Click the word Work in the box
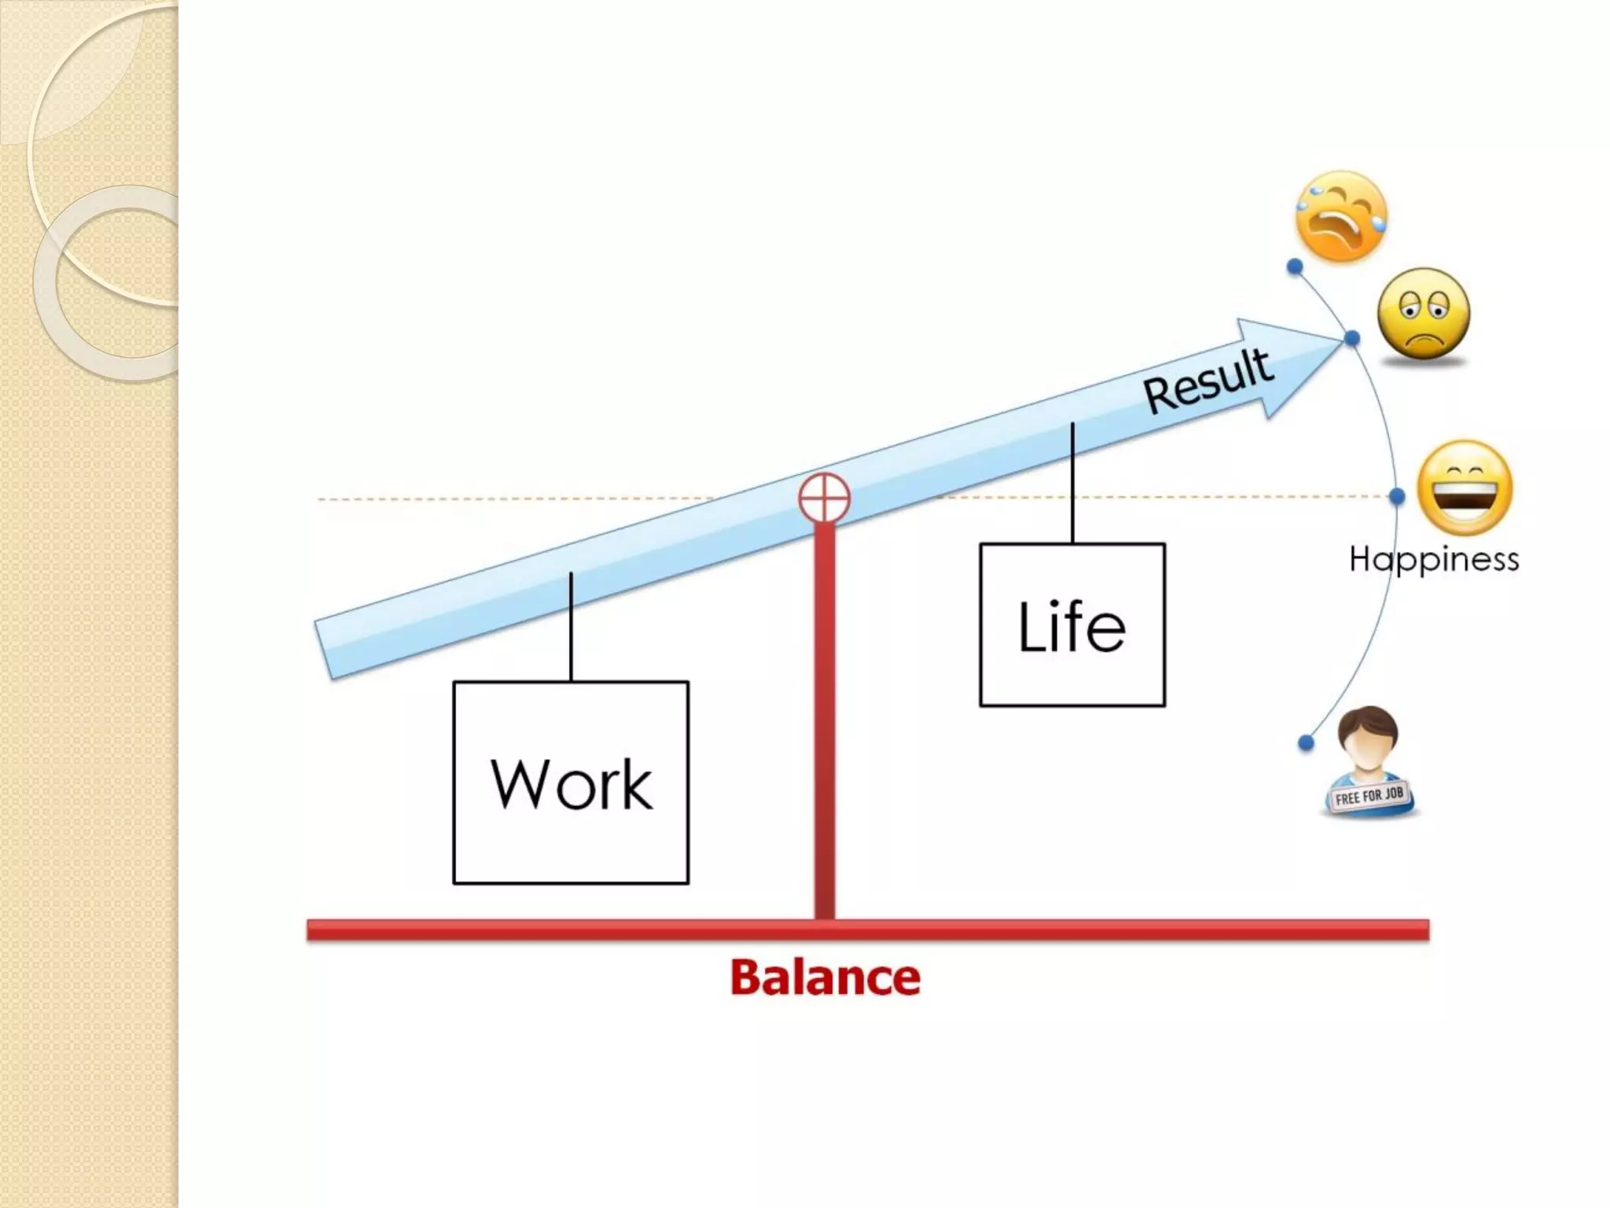coord(572,784)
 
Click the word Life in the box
coord(1071,626)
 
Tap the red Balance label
coord(825,978)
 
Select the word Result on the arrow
coord(1207,381)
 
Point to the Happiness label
coord(1434,559)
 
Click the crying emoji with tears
coord(1341,215)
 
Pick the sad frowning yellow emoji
coord(1424,314)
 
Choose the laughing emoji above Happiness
coord(1464,488)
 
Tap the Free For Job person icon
coord(1368,761)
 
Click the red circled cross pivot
coord(824,498)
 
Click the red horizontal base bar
coord(867,930)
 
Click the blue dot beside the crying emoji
coord(1295,267)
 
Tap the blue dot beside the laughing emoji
coord(1397,496)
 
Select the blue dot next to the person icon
coord(1306,742)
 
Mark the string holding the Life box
coord(1072,484)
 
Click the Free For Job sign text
coord(1369,796)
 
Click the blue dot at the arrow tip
coord(1352,339)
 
